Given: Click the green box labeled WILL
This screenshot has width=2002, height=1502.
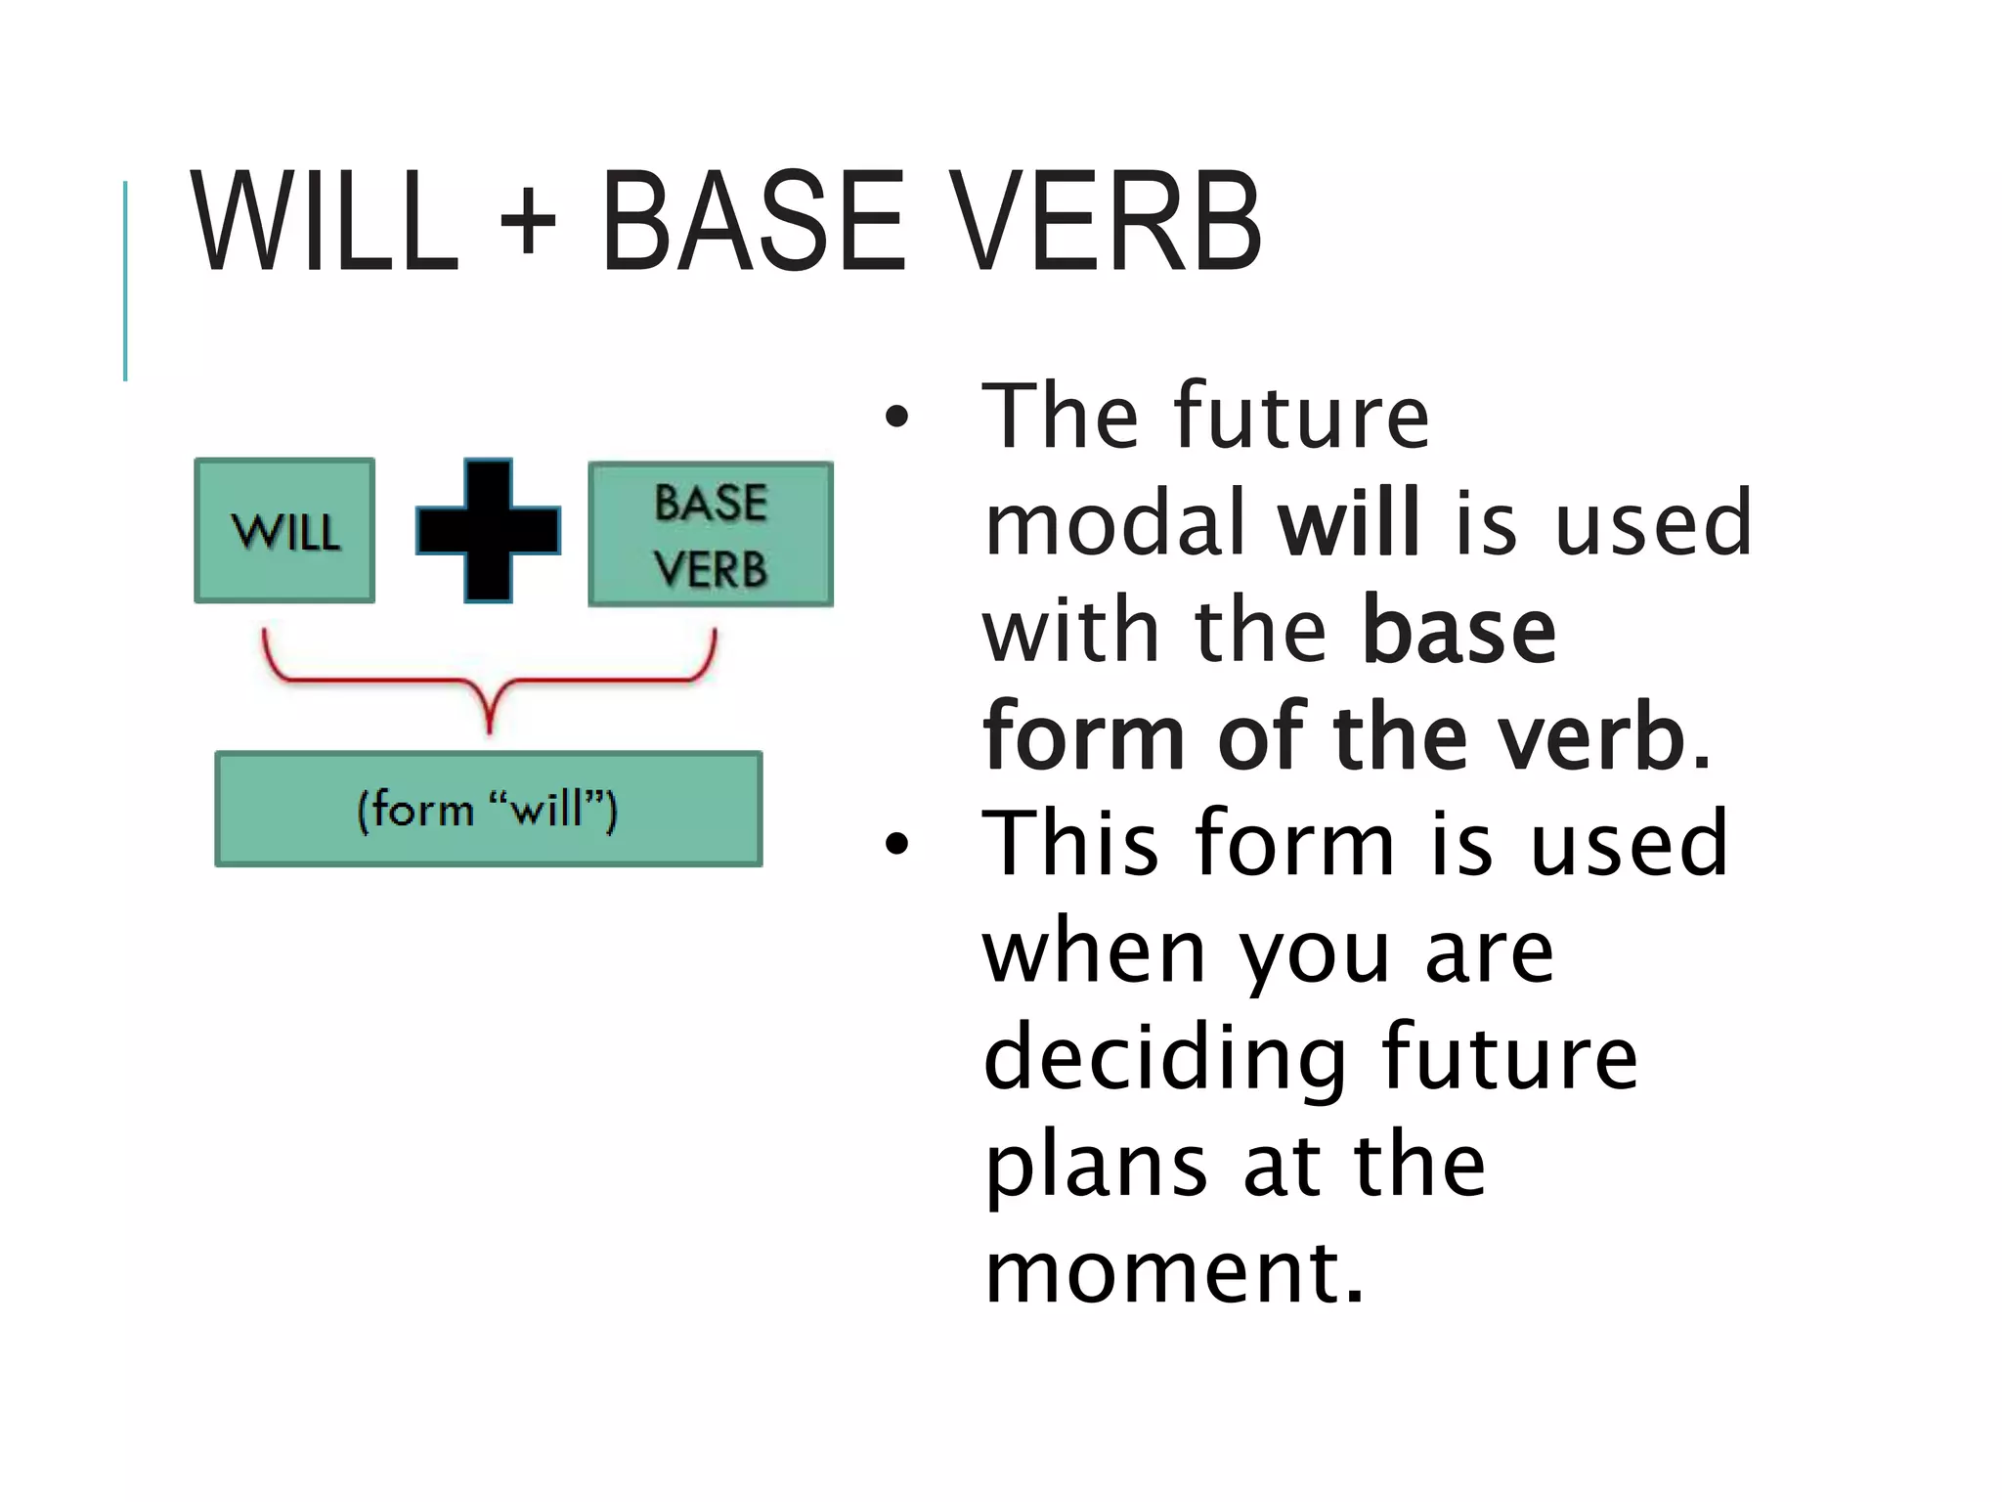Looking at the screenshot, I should tap(284, 531).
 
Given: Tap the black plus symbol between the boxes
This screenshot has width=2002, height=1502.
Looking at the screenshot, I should tap(488, 530).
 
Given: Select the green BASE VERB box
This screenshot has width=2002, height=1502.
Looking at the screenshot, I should tap(711, 535).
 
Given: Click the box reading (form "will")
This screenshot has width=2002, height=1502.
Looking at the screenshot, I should tap(488, 809).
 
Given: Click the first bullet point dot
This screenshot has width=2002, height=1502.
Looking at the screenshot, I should tap(895, 418).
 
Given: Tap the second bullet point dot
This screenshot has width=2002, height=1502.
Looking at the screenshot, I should tap(895, 844).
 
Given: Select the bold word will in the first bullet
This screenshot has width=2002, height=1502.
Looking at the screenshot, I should tap(1348, 524).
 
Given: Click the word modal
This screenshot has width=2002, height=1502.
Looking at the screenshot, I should tap(1115, 524).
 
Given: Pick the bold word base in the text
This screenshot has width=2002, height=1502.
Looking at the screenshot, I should tap(1458, 631).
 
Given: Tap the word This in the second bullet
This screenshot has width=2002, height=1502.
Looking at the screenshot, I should tap(1070, 844).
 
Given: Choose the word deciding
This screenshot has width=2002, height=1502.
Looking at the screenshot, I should tap(1164, 1058).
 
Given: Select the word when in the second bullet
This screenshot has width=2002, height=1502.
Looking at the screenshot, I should tap(1095, 952).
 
